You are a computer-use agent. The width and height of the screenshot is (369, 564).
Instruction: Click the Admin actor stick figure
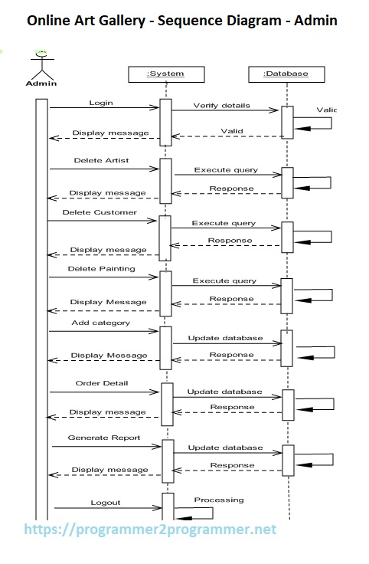click(x=41, y=63)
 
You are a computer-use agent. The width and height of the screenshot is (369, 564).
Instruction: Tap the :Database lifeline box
click(x=285, y=74)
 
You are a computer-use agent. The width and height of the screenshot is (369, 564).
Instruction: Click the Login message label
click(x=101, y=102)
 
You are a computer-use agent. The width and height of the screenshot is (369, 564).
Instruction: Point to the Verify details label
click(x=221, y=105)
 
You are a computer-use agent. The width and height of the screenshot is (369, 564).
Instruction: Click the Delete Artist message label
click(x=101, y=161)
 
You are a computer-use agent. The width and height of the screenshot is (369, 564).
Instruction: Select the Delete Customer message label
click(x=100, y=212)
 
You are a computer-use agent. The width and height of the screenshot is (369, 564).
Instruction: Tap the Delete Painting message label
click(x=101, y=269)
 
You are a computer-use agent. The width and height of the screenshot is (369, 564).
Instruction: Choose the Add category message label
click(x=101, y=323)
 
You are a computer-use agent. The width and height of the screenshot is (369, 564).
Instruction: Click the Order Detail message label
click(x=102, y=382)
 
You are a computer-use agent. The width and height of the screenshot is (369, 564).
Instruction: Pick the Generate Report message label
click(x=104, y=438)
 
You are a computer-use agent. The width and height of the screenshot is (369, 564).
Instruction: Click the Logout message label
click(x=105, y=503)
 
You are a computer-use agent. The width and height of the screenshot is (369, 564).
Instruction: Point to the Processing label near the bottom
click(x=218, y=500)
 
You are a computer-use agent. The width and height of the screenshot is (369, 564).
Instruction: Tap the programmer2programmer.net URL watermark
click(x=151, y=530)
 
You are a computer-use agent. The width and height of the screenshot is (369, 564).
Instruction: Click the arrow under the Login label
click(x=104, y=108)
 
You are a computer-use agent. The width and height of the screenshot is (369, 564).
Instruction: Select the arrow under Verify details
click(x=225, y=111)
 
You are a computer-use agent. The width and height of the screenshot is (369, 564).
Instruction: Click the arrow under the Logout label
click(x=106, y=509)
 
